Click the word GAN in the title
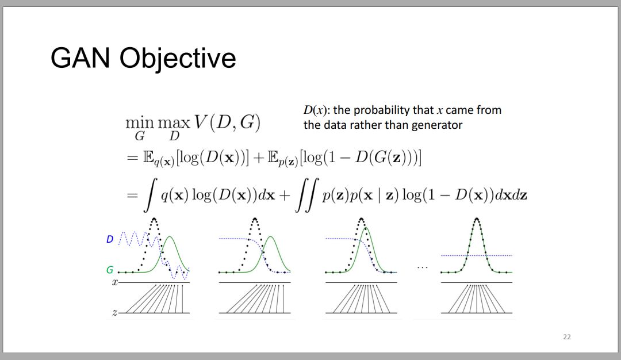80,58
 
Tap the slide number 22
567,337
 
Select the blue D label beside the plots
110,239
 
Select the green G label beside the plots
110,270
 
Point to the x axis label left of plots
115,282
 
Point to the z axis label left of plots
115,312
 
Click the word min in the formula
139,122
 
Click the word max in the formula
174,122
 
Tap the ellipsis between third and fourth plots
423,268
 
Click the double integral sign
306,195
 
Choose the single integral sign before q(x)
149,195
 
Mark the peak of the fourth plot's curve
477,219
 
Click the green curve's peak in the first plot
170,237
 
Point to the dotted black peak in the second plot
255,219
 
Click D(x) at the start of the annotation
316,110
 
